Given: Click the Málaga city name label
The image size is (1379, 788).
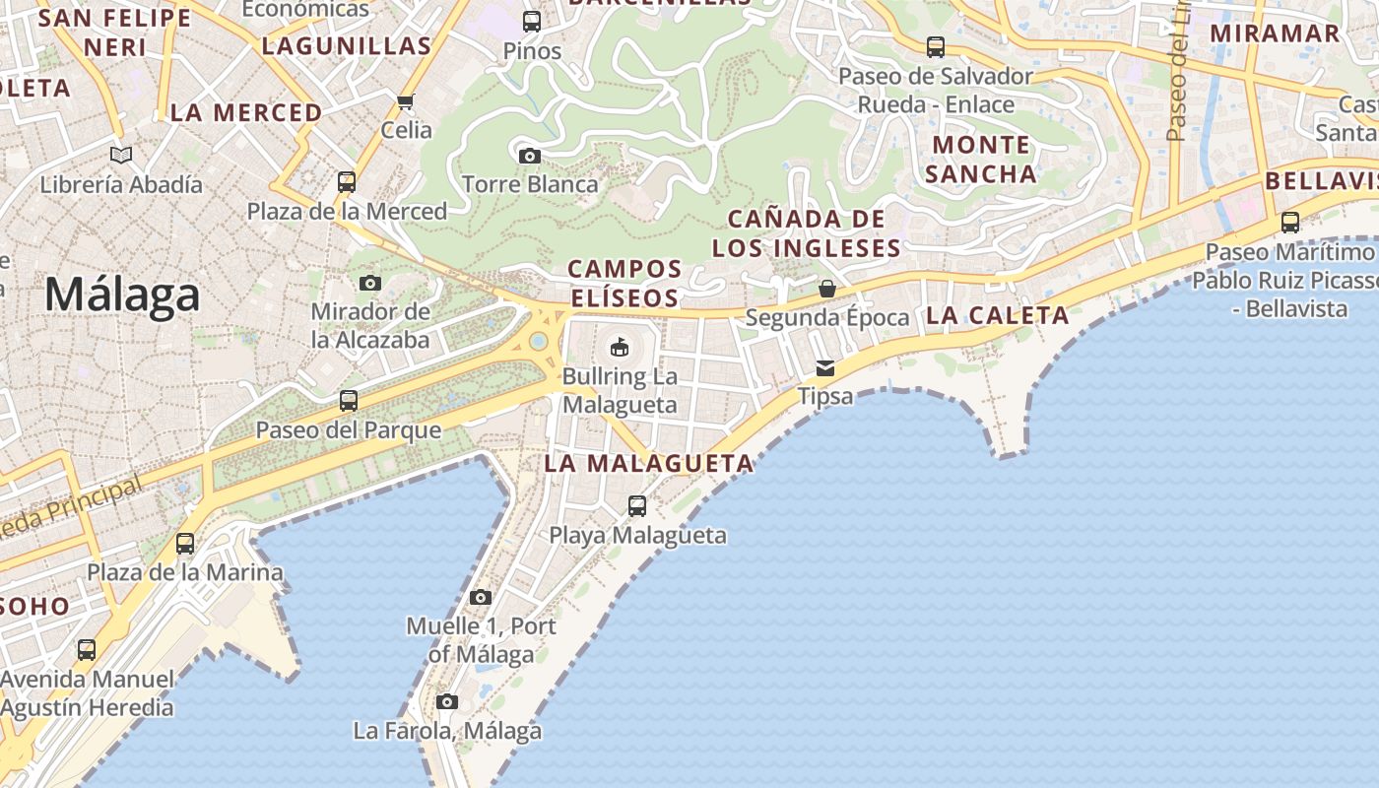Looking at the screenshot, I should (122, 295).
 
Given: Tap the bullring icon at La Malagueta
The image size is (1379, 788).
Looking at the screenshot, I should (620, 347).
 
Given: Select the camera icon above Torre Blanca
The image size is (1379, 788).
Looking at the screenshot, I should (530, 156).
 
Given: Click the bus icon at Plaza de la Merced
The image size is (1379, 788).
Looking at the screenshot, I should (347, 182).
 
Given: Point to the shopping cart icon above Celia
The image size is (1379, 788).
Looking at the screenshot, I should (405, 101).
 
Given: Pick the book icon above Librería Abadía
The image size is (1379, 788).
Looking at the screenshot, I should (121, 156).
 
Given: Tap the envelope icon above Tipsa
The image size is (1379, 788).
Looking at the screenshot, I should (824, 368).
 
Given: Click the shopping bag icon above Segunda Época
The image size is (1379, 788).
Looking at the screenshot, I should (827, 289).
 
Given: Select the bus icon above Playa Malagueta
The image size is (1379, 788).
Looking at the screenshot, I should (637, 506).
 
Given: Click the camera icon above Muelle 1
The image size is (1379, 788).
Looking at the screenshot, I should (481, 597).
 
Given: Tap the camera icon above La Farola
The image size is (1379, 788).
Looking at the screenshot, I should (447, 702).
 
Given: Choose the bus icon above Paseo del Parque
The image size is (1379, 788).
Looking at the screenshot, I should (349, 401).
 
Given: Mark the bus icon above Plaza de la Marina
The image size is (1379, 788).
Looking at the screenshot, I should (185, 544).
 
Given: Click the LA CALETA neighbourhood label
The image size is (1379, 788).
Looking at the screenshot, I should (997, 316).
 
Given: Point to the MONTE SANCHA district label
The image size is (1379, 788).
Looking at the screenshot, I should (981, 160).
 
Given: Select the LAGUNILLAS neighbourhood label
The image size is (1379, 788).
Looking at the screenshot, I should (347, 45).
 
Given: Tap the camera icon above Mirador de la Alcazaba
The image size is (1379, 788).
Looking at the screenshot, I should (370, 284).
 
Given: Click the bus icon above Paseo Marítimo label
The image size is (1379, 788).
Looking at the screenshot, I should (1290, 223).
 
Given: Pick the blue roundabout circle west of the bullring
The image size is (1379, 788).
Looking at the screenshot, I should (538, 341).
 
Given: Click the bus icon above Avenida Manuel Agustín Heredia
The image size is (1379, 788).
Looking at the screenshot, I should (87, 650).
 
